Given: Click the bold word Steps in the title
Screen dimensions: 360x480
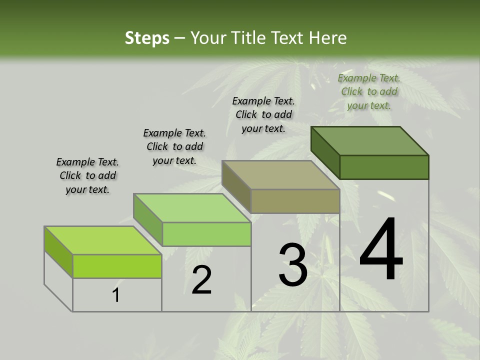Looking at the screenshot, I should (147, 38).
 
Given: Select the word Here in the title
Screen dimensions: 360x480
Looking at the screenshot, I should (327, 38).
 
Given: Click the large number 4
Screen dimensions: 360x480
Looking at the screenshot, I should (381, 250).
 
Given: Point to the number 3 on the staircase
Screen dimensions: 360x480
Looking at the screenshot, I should (293, 265).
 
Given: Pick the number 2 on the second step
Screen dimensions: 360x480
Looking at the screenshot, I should (201, 280).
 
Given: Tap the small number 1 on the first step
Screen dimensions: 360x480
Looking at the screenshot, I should (116, 295).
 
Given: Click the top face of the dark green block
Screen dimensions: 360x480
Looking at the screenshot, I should (370, 141).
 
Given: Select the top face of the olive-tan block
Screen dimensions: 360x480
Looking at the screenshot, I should (281, 175).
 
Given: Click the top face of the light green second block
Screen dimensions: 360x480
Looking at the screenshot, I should (192, 208).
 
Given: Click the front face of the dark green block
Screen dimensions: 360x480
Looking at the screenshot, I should (384, 167).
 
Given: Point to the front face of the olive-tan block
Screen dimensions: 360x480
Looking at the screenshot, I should (295, 201).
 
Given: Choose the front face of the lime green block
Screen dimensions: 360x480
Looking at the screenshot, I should (117, 266).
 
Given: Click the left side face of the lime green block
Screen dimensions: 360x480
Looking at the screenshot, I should (58, 251).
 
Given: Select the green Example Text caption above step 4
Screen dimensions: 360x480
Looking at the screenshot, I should (369, 91).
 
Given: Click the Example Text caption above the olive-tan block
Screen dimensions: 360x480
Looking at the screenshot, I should (263, 114).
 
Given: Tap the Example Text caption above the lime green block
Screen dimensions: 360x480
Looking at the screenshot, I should (87, 175).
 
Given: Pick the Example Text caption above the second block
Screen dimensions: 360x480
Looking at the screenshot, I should (174, 146).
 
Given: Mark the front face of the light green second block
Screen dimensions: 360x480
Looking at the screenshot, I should (206, 234).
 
